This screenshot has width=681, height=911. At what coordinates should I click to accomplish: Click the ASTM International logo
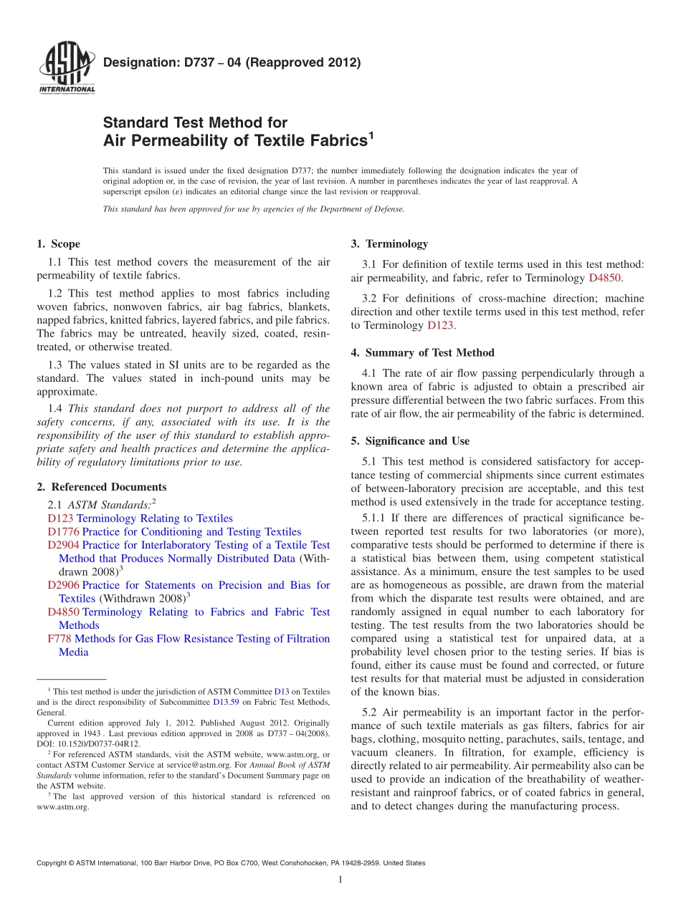tap(66, 68)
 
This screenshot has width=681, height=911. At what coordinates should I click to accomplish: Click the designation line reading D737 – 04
tap(232, 62)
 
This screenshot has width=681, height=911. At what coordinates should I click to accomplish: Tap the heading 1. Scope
tap(59, 244)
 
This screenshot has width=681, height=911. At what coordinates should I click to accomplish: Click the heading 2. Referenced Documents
tap(102, 487)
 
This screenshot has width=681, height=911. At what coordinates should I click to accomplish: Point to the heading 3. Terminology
tap(389, 244)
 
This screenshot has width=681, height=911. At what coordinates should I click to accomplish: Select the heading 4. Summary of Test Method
tap(423, 352)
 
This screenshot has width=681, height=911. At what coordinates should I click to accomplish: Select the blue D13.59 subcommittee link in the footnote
tap(226, 702)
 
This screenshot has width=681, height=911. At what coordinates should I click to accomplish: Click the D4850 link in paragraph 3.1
tap(604, 278)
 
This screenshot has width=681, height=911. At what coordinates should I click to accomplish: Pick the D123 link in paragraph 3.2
tap(440, 325)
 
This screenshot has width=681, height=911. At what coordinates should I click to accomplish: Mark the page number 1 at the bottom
tap(340, 879)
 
